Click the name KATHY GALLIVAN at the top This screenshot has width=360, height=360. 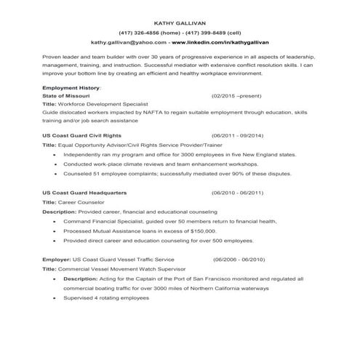pos(180,23)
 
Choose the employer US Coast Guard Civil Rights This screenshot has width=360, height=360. pos(82,136)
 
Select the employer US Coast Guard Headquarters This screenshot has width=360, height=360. pos(84,193)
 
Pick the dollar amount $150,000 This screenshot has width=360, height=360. pos(201,230)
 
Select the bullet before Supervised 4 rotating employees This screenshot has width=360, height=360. pos(56,298)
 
